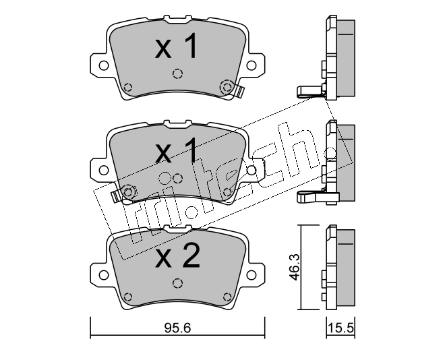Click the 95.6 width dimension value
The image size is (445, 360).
click(x=177, y=328)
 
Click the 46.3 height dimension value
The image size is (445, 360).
click(x=295, y=267)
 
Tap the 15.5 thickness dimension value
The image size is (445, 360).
click(x=340, y=328)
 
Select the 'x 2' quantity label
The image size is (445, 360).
click(x=177, y=256)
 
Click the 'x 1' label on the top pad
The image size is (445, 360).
click(x=176, y=46)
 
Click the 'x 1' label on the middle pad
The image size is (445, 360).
click(x=176, y=150)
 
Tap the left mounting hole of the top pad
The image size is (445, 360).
click(x=104, y=65)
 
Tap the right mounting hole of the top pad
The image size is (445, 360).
click(x=251, y=65)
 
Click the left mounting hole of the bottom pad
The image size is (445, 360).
click(x=104, y=275)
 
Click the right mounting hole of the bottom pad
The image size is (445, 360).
click(x=251, y=275)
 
